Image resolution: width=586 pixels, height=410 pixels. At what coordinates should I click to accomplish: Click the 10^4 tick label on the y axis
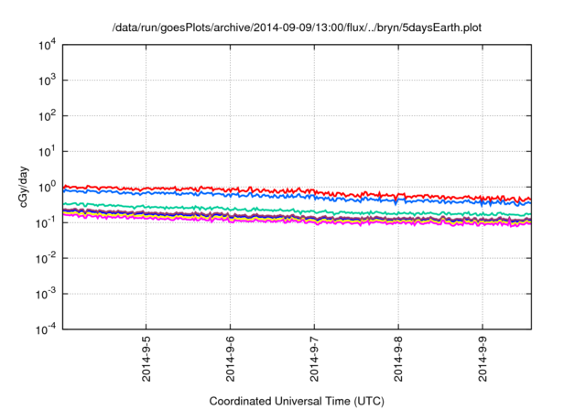click(49, 44)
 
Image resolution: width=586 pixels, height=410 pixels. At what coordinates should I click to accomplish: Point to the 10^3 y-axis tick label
click(49, 80)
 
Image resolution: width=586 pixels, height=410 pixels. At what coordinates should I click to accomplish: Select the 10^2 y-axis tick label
click(49, 115)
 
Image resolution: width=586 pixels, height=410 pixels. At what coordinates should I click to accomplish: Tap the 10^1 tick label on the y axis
click(49, 151)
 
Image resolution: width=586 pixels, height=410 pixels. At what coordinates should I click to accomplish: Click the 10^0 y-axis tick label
click(49, 187)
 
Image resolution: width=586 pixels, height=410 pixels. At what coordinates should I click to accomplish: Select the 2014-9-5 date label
click(146, 360)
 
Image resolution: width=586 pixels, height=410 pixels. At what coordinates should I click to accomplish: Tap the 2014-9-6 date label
click(230, 360)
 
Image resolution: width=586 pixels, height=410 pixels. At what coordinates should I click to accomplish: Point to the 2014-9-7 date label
click(314, 360)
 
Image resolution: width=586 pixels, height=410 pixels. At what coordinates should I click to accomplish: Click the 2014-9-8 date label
click(398, 360)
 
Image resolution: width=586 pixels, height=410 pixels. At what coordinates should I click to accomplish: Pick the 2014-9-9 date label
click(483, 360)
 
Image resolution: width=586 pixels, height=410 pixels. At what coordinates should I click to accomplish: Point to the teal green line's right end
click(528, 214)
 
